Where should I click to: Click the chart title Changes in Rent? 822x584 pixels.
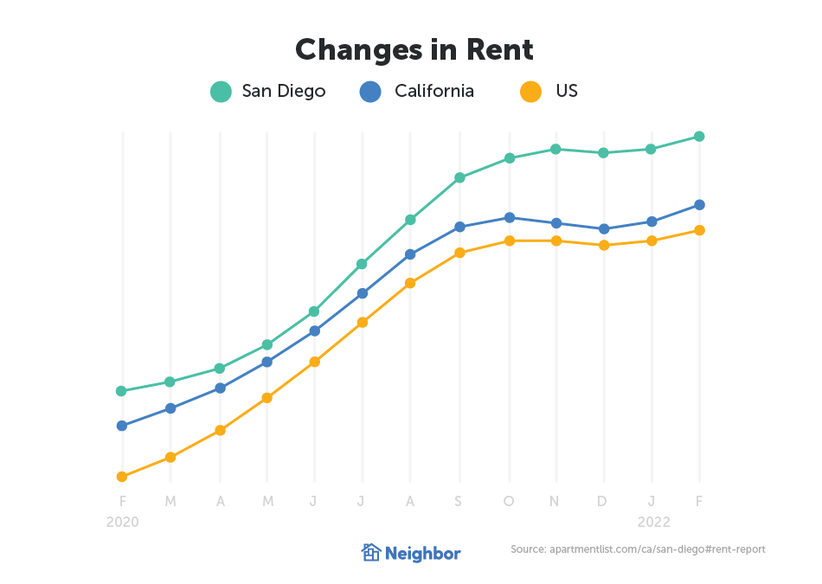point(414,49)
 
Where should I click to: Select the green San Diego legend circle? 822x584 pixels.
point(222,91)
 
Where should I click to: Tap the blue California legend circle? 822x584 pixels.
point(369,91)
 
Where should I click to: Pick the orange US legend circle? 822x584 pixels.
point(530,91)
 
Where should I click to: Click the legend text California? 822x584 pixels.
point(433,91)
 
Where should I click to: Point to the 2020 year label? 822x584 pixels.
point(122,523)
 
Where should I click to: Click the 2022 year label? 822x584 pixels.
point(653,523)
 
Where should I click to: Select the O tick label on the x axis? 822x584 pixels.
point(509,501)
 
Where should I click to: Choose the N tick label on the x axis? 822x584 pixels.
point(555,501)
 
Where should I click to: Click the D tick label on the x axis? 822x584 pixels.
point(603,501)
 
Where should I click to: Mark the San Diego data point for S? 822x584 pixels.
point(460,177)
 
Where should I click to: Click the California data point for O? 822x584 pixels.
point(510,217)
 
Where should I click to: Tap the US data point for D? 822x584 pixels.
point(604,245)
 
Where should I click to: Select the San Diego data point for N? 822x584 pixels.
point(556,149)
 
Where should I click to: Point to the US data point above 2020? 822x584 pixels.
point(122,477)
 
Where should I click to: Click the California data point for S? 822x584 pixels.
point(460,227)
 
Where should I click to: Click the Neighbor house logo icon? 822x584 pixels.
point(370,552)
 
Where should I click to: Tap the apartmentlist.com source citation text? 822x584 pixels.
point(638,549)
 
